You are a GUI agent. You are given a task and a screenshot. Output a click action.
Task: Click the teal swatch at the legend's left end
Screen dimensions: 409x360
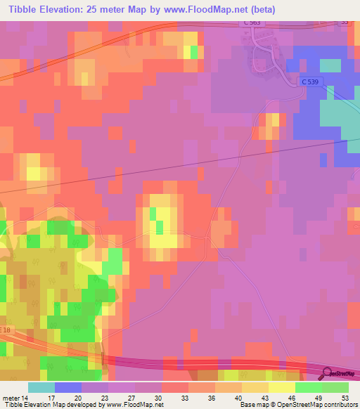click(x=41, y=387)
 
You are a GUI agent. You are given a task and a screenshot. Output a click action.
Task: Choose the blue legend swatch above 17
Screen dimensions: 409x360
click(x=67, y=387)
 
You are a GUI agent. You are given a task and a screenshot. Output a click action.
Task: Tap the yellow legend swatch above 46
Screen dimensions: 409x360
click(x=281, y=387)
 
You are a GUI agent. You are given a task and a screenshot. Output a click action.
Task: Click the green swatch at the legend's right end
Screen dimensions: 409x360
click(x=335, y=387)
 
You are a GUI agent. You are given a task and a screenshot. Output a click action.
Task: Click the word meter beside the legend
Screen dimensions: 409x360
click(x=11, y=397)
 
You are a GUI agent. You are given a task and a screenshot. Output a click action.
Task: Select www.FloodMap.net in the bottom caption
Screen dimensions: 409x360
click(x=135, y=405)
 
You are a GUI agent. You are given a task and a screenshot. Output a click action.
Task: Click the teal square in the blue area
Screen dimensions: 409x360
click(x=330, y=66)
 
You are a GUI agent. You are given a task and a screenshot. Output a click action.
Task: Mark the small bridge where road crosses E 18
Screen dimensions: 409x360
click(x=103, y=358)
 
